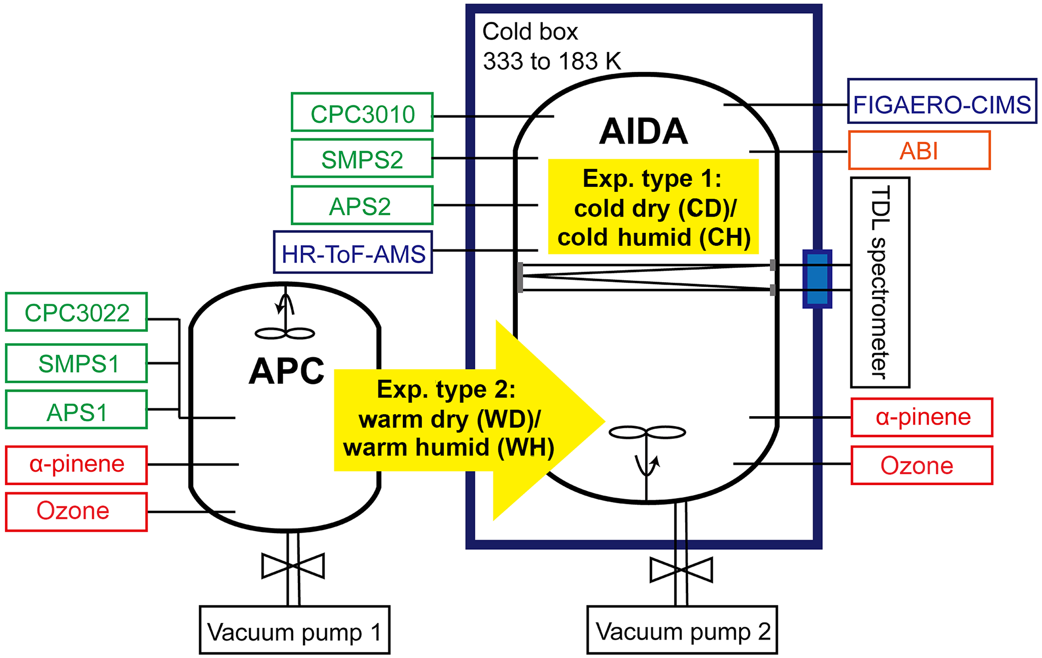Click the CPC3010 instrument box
point(362,112)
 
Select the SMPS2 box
point(362,159)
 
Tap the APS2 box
point(362,206)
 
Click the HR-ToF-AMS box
point(353,252)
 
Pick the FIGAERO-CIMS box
point(942,101)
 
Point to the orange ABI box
point(919,151)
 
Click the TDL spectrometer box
point(880,283)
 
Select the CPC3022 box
point(77,312)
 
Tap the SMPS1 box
point(77,363)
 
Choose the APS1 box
point(77,410)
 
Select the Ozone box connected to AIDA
point(922,466)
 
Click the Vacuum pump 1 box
point(294,630)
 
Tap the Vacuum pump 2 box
point(682,630)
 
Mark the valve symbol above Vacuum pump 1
point(293,566)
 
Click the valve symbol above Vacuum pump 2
point(681,570)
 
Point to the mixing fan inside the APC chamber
point(285,333)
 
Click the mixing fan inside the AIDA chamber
point(647,432)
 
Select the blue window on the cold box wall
point(817,279)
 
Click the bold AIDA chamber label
point(643,131)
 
